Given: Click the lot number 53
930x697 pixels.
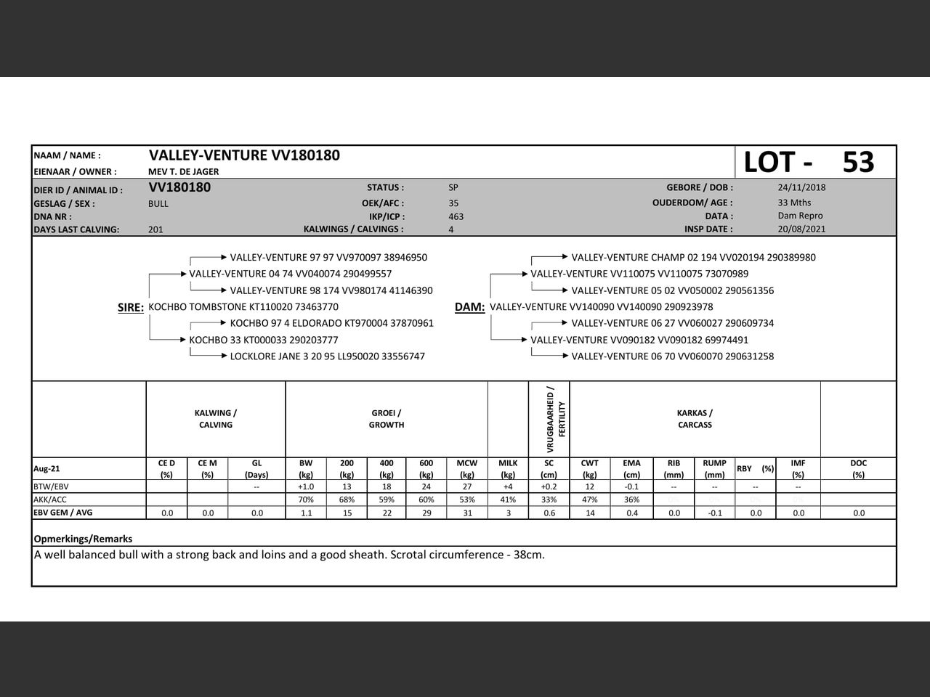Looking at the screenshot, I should [x=858, y=162].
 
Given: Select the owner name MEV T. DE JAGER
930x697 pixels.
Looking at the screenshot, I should [x=184, y=172].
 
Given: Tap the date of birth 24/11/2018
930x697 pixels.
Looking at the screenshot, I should [x=801, y=187].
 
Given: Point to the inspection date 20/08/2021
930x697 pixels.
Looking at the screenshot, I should [x=801, y=229].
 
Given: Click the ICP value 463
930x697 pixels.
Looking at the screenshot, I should [x=456, y=216].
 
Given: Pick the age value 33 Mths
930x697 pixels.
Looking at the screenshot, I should [x=794, y=203].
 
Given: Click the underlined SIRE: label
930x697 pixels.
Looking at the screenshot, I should [x=131, y=308].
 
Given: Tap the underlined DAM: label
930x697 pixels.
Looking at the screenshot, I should [x=469, y=307].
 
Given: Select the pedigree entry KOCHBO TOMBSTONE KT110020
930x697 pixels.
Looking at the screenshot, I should [x=243, y=307].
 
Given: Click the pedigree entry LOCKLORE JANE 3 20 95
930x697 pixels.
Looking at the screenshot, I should [x=327, y=356].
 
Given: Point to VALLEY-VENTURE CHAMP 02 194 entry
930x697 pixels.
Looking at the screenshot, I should [x=693, y=258].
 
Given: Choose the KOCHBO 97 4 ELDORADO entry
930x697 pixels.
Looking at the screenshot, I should [x=331, y=323].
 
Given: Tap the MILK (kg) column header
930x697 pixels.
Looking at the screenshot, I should [x=508, y=468].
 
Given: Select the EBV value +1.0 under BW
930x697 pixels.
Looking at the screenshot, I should [x=306, y=486].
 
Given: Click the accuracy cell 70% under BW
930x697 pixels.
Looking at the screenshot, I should [x=306, y=500].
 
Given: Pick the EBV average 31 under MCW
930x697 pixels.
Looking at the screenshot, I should [x=467, y=513].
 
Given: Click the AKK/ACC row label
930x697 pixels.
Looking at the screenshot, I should [x=50, y=500].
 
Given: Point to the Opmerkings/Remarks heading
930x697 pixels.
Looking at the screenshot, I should [x=83, y=539].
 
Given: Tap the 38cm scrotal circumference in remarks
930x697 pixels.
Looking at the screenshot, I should [x=527, y=555].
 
